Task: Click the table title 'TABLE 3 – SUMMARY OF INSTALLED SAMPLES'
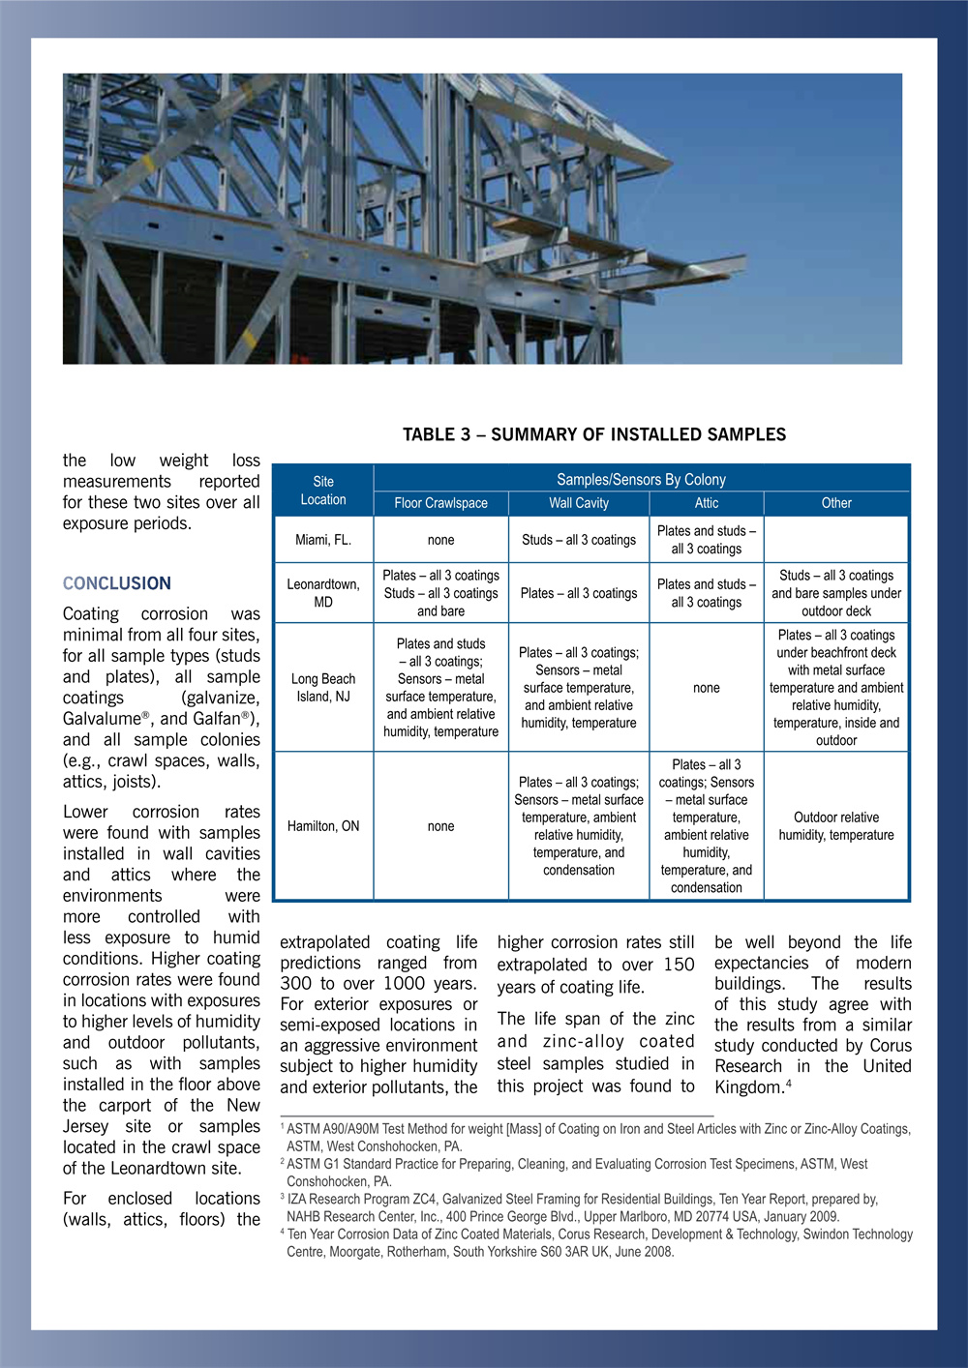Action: click(x=594, y=435)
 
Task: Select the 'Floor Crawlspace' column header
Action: click(x=440, y=503)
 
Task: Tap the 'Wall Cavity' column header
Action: click(x=579, y=503)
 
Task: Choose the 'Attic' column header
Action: click(x=707, y=503)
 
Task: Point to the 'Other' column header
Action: click(x=836, y=503)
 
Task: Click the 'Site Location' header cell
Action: click(x=323, y=491)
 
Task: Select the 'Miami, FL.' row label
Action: click(x=323, y=540)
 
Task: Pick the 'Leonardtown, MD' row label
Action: click(x=323, y=593)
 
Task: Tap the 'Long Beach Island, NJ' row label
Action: click(x=323, y=688)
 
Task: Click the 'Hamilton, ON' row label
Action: click(x=323, y=826)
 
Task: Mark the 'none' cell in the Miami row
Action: click(x=440, y=540)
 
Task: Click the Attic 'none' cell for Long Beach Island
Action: click(x=707, y=688)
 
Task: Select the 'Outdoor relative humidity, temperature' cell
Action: click(x=836, y=826)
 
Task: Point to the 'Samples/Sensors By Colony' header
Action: click(x=641, y=480)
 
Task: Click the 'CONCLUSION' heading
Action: click(x=117, y=583)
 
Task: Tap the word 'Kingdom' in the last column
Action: click(x=748, y=1087)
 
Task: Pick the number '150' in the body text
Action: click(x=679, y=965)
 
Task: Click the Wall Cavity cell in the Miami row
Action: click(x=579, y=540)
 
